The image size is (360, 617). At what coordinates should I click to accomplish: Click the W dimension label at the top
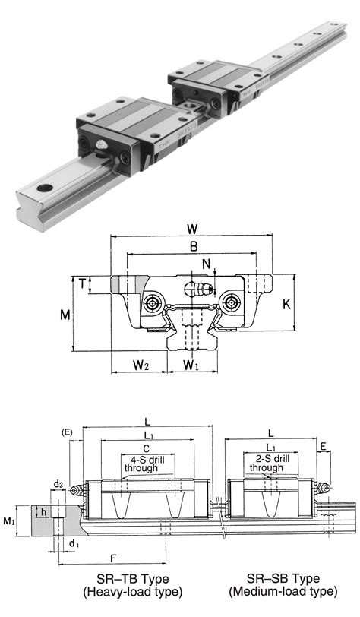192,228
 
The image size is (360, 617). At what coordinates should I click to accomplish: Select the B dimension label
194,246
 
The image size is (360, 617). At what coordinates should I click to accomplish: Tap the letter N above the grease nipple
206,264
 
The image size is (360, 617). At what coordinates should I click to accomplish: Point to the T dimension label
82,283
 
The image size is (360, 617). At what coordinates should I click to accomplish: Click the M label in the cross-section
65,315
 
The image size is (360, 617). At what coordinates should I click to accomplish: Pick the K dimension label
287,304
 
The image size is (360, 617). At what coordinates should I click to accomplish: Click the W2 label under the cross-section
141,365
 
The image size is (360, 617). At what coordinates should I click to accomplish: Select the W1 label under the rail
191,365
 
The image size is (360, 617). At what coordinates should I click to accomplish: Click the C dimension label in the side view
146,448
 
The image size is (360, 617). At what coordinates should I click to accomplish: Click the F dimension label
113,558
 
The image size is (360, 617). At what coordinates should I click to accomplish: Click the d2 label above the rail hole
58,484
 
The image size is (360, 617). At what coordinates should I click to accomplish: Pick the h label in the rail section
43,511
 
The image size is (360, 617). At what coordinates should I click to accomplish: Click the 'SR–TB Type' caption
133,579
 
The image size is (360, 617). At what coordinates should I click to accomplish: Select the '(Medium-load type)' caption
283,591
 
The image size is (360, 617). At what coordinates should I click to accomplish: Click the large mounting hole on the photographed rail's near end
46,188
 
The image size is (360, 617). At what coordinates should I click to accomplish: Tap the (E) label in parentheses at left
68,432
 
